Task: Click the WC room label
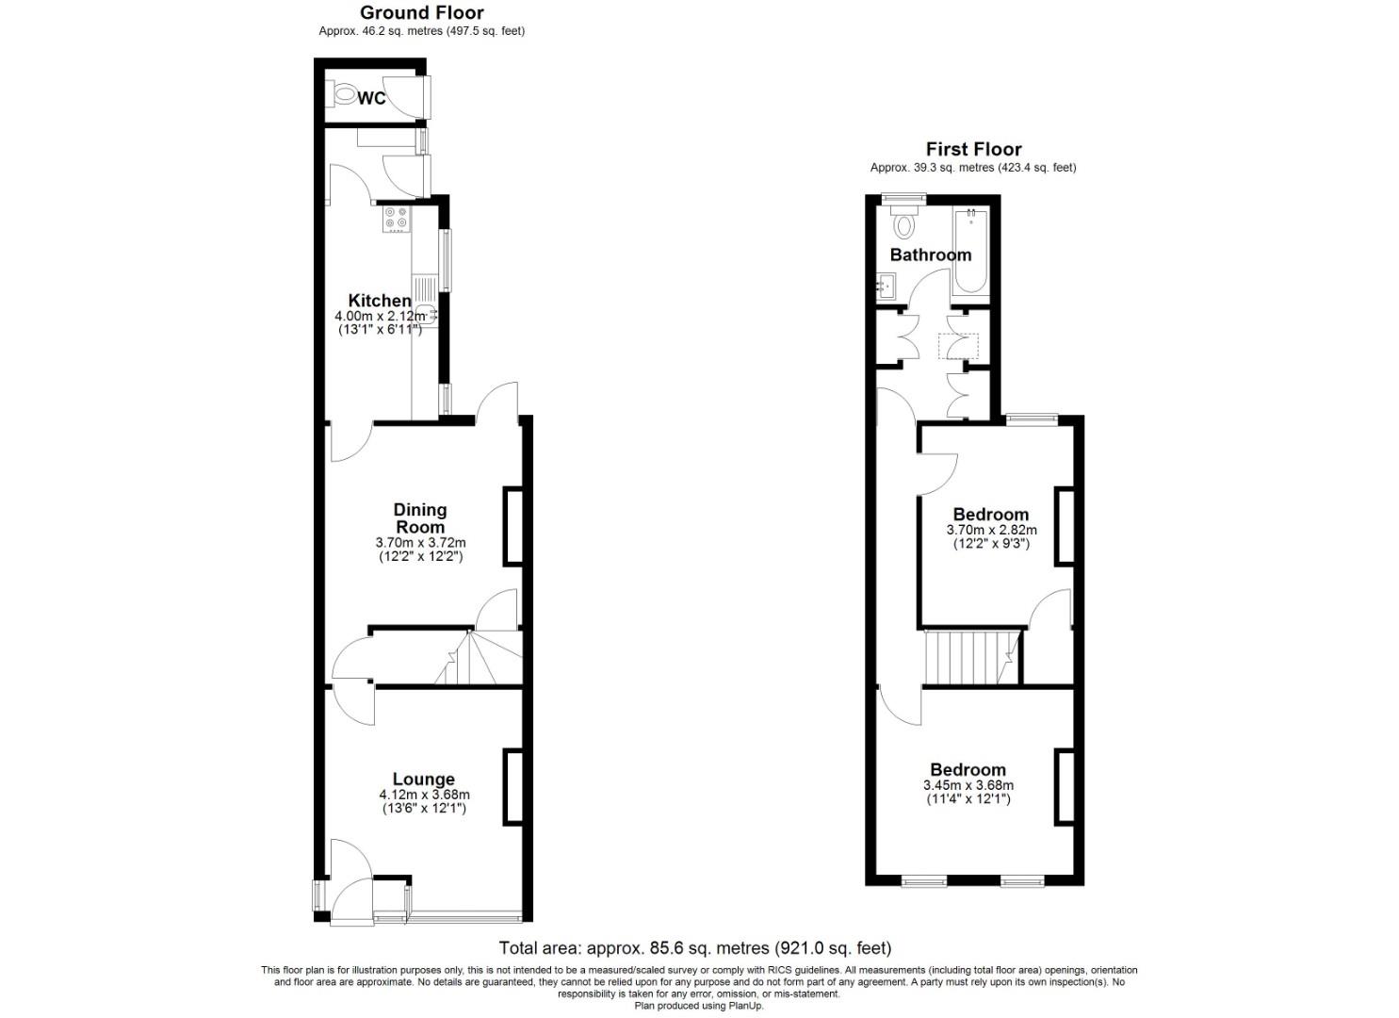click(x=372, y=98)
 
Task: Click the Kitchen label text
click(x=380, y=301)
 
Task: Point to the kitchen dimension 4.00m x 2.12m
click(x=380, y=317)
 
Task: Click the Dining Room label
click(x=420, y=518)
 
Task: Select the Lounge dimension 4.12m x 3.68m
click(x=424, y=795)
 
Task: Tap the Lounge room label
click(x=424, y=779)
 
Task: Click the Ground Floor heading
click(x=422, y=12)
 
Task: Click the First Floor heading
click(x=973, y=149)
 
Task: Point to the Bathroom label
click(x=930, y=254)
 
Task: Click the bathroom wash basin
click(x=887, y=284)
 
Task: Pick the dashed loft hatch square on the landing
click(x=958, y=346)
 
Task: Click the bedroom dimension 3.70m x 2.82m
click(x=991, y=531)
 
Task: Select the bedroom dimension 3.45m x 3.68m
click(x=968, y=785)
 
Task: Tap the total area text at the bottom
click(x=694, y=948)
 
